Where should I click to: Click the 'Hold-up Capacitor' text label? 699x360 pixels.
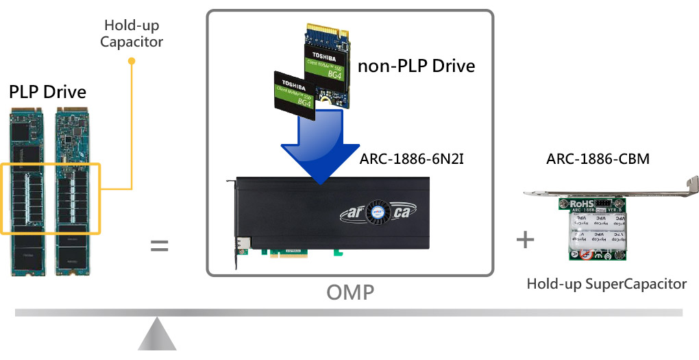click(x=132, y=34)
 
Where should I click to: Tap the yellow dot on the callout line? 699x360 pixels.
click(x=132, y=61)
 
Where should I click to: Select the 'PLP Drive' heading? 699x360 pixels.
click(x=47, y=92)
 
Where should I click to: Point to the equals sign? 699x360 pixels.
click(x=159, y=245)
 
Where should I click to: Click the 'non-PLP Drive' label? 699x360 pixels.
click(x=416, y=66)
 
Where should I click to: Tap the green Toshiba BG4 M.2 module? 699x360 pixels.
click(x=328, y=66)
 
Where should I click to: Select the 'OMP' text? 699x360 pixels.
click(x=349, y=293)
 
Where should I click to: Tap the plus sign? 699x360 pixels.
click(x=525, y=239)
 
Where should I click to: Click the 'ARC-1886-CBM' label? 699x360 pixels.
click(x=598, y=160)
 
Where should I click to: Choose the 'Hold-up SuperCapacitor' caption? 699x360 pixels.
click(x=606, y=283)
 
